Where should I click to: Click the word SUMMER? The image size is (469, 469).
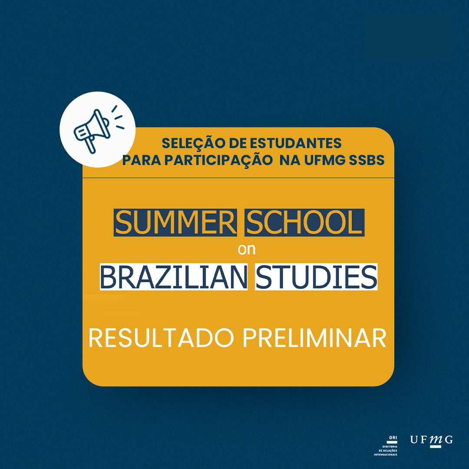pos(175,223)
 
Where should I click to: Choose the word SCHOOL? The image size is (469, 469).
pos(304,223)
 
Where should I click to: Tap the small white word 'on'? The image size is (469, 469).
pos(247,249)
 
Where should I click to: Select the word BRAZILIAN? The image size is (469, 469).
pos(174,277)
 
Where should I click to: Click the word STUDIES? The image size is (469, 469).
pos(316,277)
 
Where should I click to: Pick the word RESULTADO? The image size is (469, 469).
pos(161,338)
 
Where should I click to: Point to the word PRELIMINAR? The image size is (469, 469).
pos(314,338)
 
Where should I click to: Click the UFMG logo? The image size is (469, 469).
pos(431,441)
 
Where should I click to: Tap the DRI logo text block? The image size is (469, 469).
pos(386,446)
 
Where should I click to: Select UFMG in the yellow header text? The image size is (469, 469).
pos(325,160)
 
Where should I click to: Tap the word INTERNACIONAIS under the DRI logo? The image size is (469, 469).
pos(386,455)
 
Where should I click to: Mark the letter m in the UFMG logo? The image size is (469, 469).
pos(436,439)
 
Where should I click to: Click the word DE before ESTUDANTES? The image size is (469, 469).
pos(238,144)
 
